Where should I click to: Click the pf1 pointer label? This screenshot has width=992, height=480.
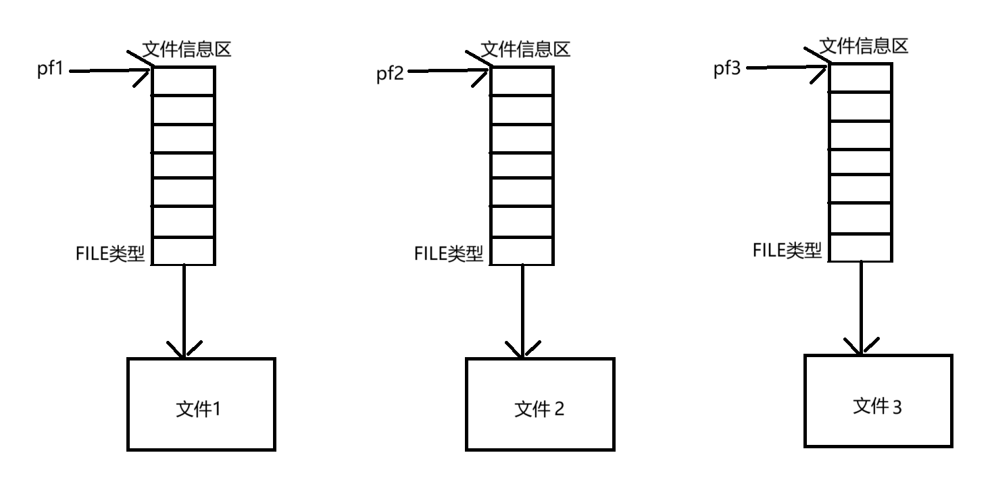pos(50,70)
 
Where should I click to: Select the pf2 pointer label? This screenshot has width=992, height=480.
pos(389,73)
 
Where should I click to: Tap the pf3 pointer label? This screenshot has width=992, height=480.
pos(727,70)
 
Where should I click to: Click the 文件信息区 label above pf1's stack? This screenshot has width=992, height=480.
pos(187,49)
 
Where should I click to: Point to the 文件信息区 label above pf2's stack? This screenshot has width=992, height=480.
pos(526,49)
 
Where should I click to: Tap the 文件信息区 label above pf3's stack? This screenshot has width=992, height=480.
pos(864,46)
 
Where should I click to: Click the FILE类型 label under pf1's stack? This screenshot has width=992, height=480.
pos(111,254)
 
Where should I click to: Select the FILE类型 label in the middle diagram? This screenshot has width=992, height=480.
pos(449,254)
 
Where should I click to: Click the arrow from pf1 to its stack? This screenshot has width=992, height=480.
pos(108,71)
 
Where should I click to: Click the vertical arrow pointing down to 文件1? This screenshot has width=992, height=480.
pos(184,311)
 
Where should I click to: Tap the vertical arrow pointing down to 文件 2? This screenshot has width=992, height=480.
pos(522,311)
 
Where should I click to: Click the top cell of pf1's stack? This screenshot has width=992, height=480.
pos(183,80)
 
